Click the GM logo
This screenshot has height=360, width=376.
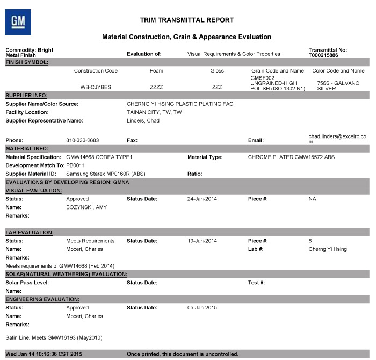coord(18,22)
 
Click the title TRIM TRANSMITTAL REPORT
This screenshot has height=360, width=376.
coord(186,20)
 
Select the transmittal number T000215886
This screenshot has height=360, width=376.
coord(323,55)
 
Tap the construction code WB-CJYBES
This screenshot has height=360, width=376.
coord(95,86)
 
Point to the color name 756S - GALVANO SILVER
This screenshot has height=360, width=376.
coord(338,85)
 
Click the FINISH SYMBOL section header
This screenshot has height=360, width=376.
coord(27,62)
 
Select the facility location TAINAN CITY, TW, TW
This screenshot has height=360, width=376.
coord(154,112)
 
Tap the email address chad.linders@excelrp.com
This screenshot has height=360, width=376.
coord(337,139)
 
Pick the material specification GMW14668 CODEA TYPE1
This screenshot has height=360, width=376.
coord(99,157)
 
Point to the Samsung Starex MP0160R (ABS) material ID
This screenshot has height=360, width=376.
coord(106,174)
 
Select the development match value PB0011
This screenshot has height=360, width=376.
coord(76,165)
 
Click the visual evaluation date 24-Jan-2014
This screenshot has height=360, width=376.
coord(201,199)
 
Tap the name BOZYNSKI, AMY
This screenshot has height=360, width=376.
coord(86,207)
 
